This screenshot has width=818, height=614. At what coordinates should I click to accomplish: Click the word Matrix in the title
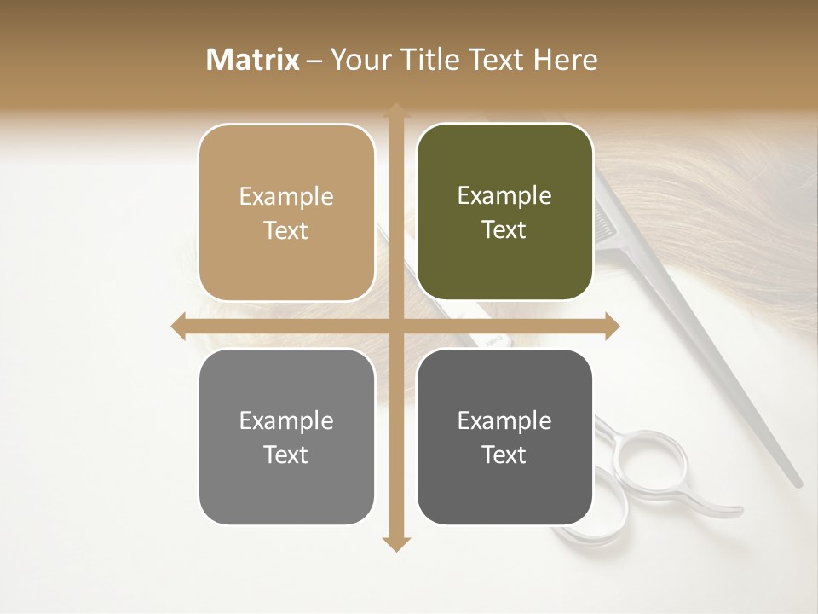tap(253, 60)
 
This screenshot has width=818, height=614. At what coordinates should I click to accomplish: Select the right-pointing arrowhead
tap(611, 326)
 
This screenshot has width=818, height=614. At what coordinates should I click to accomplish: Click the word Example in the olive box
tap(504, 196)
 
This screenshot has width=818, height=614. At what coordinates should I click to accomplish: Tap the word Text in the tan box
tap(286, 231)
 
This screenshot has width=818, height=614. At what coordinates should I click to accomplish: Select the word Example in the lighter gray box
tap(286, 420)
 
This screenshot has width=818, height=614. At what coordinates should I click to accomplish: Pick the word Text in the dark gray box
tap(504, 455)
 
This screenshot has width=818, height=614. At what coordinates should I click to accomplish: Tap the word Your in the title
tap(358, 60)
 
